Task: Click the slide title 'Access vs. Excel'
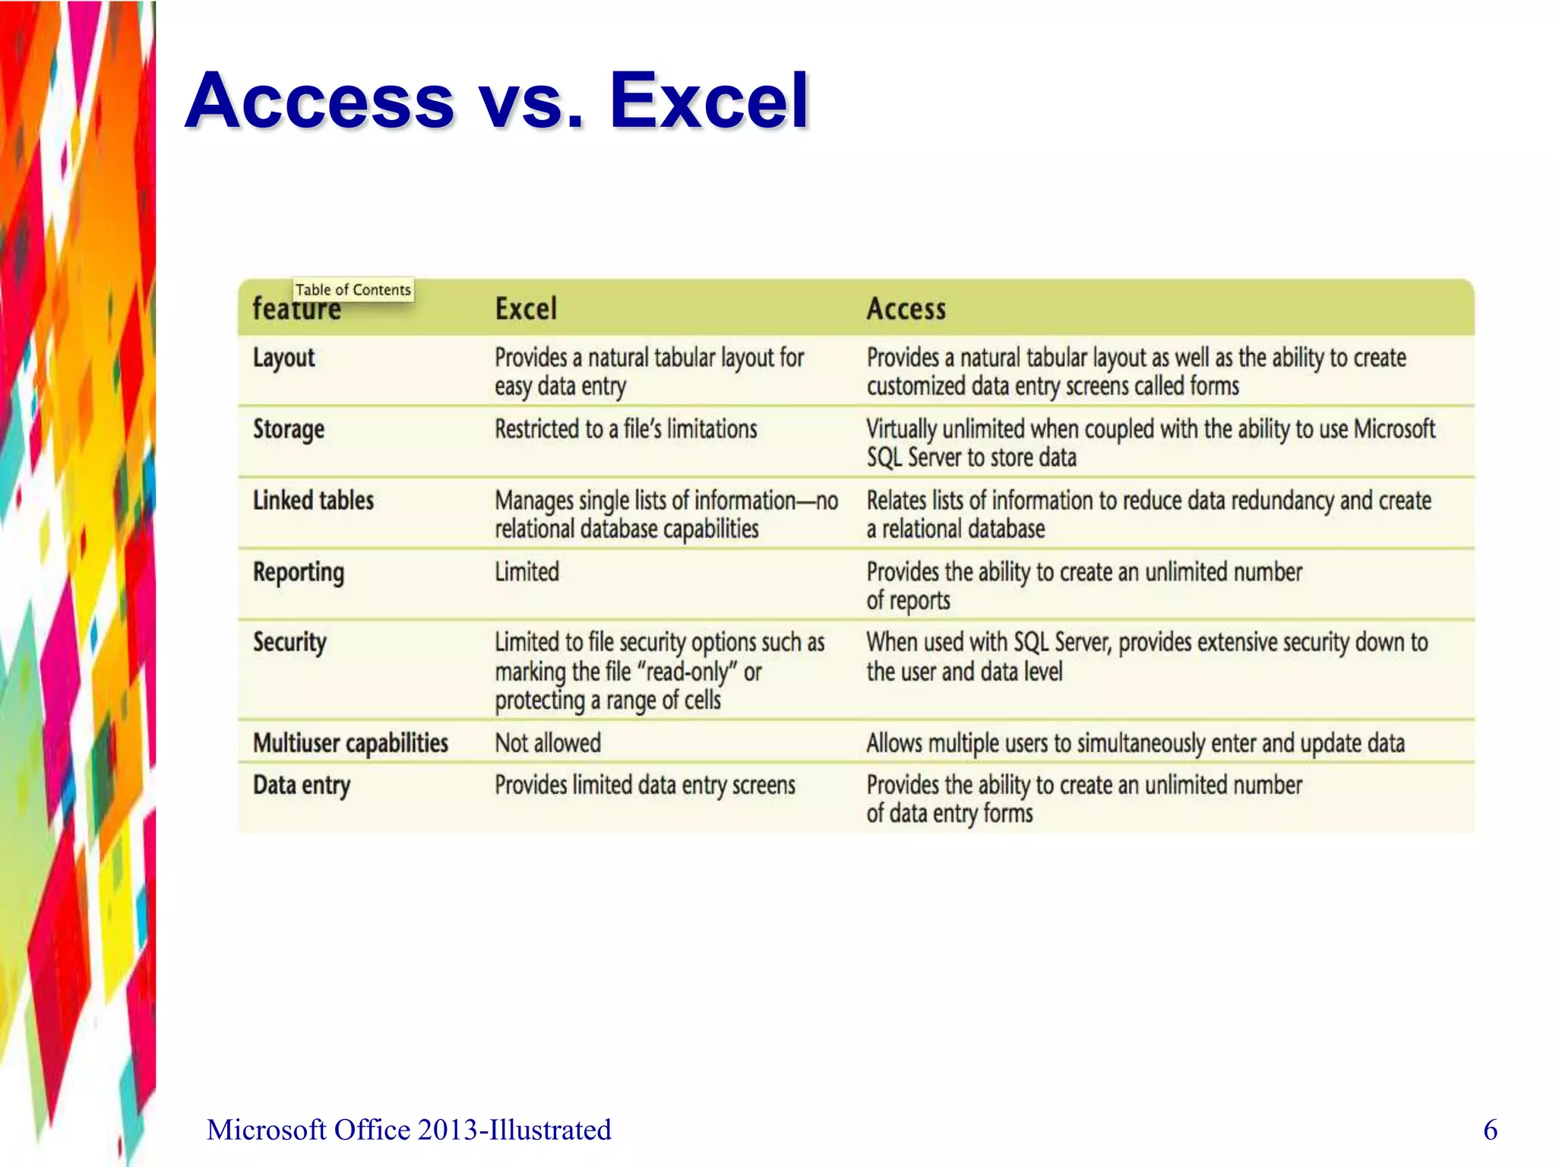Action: tap(497, 100)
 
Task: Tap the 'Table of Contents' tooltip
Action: tap(353, 289)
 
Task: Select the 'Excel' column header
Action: tap(526, 309)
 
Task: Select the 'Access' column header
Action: tap(906, 309)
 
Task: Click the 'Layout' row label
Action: tap(283, 358)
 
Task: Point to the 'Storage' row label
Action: tap(289, 429)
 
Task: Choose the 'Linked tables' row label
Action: tap(313, 501)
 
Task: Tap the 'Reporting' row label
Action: tap(299, 572)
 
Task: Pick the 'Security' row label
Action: tap(289, 643)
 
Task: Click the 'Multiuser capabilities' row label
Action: tap(350, 743)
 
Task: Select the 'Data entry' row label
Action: tap(302, 786)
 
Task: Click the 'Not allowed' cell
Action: tap(548, 743)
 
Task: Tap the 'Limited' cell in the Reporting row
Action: tap(527, 572)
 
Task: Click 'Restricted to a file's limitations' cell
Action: tap(625, 429)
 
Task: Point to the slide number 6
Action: tap(1490, 1130)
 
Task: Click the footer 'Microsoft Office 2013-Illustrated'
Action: tap(409, 1130)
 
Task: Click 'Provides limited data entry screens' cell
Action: tap(644, 786)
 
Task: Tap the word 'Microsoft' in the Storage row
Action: tap(1394, 429)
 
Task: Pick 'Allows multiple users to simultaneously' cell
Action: tap(1135, 743)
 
